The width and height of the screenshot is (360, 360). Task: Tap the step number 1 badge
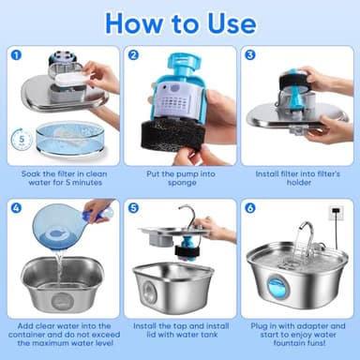17,55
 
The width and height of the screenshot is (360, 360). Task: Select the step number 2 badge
133,55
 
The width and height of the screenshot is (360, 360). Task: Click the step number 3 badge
249,55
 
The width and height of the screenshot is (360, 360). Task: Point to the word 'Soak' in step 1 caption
32,173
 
